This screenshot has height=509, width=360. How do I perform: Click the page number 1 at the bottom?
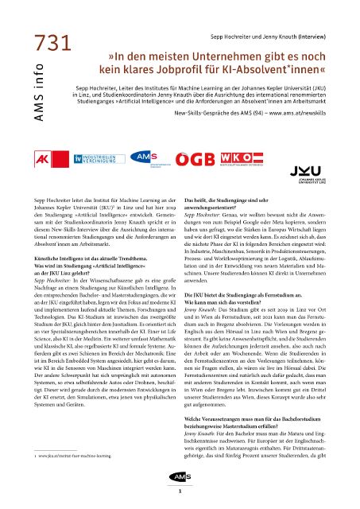coord(180,492)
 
